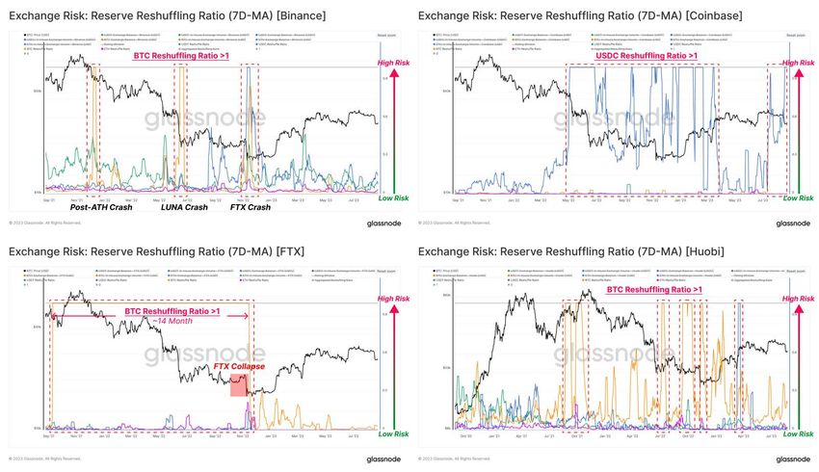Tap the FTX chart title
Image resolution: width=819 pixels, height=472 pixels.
pos(154,251)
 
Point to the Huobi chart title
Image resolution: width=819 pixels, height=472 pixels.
pos(575,251)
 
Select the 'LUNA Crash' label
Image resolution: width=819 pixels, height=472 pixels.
pos(184,207)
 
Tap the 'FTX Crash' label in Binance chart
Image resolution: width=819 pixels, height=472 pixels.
pos(251,207)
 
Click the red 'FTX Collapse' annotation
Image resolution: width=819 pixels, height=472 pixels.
pos(239,367)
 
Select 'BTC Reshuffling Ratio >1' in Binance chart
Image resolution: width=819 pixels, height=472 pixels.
pos(182,56)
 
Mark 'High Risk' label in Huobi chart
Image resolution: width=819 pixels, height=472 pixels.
pos(797,299)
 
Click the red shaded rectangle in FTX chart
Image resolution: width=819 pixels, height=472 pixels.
pos(238,385)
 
